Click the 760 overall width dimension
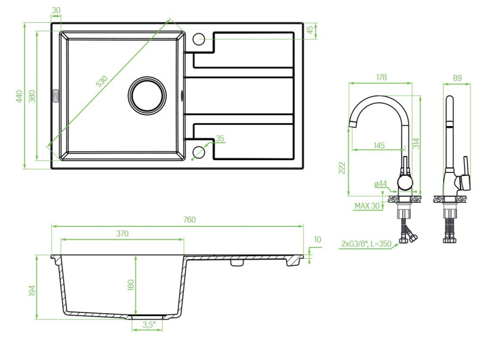click(189, 220)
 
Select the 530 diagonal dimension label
click(102, 81)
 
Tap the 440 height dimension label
click(19, 96)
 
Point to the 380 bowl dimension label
click(32, 96)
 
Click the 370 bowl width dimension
click(122, 233)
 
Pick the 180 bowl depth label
click(131, 285)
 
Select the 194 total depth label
click(32, 291)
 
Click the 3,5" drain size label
click(149, 325)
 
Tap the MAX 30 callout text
click(367, 206)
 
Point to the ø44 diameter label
click(381, 184)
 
